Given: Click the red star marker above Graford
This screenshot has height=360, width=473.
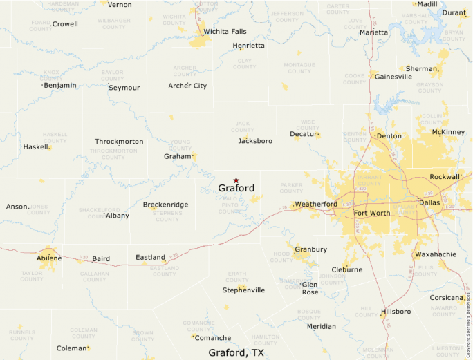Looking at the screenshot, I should pyautogui.click(x=236, y=180).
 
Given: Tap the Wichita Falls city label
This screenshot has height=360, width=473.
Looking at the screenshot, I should pyautogui.click(x=225, y=32).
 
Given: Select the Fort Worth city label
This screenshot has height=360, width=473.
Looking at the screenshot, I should pyautogui.click(x=371, y=213).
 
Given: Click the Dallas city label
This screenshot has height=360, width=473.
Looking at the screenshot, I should pyautogui.click(x=429, y=204).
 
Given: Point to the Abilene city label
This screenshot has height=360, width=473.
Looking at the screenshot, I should pyautogui.click(x=49, y=258).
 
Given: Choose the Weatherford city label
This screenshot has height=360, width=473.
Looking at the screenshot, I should pyautogui.click(x=316, y=205).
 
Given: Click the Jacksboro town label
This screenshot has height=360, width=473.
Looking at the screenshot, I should pyautogui.click(x=255, y=141).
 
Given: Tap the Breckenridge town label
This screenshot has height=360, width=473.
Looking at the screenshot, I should pyautogui.click(x=165, y=205).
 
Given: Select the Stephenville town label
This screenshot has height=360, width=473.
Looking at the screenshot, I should pyautogui.click(x=243, y=290).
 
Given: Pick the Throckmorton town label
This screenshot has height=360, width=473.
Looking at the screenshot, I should pyautogui.click(x=119, y=142).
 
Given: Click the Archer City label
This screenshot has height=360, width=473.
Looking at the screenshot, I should pyautogui.click(x=187, y=86).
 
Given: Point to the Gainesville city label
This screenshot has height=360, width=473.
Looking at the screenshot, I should pyautogui.click(x=393, y=77).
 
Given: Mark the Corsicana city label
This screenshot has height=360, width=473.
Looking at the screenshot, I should pyautogui.click(x=446, y=298).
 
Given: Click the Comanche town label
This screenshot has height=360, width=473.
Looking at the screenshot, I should pyautogui.click(x=212, y=338).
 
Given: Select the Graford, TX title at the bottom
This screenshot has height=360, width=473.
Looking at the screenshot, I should pyautogui.click(x=236, y=352).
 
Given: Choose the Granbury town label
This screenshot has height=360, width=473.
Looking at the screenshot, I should pyautogui.click(x=311, y=249).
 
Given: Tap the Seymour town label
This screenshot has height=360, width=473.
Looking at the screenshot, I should pyautogui.click(x=124, y=88).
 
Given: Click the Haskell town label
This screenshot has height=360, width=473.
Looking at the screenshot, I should pyautogui.click(x=36, y=147).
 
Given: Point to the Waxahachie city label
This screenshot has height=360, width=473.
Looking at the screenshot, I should pyautogui.click(x=436, y=254).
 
